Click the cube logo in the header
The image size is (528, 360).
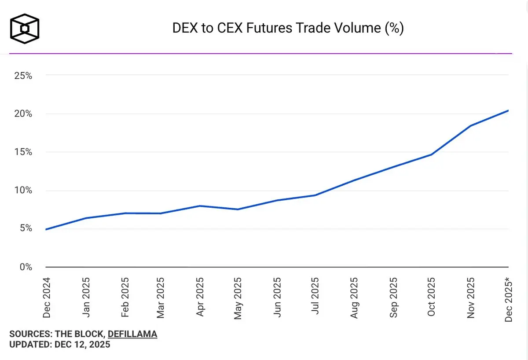(x=25, y=29)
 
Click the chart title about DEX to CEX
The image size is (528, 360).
(x=288, y=29)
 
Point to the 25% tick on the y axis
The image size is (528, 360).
(x=23, y=76)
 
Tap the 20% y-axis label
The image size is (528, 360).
(x=23, y=114)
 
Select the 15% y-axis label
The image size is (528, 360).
(x=23, y=152)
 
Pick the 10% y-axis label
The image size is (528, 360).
(x=23, y=191)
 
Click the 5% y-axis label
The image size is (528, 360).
(x=26, y=228)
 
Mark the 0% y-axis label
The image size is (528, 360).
(x=26, y=267)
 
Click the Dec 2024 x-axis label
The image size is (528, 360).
(x=47, y=297)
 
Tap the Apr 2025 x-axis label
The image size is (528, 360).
(x=200, y=297)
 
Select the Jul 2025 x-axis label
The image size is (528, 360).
(x=315, y=297)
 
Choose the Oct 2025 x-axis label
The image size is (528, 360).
(x=431, y=297)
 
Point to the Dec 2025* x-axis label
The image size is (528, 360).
(x=509, y=299)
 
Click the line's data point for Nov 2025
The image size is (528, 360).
(x=470, y=126)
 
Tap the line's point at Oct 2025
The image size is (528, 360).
(x=431, y=154)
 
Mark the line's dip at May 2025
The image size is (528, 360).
(x=238, y=209)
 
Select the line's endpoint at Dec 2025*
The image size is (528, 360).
(x=508, y=110)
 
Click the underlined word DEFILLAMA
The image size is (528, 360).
(x=132, y=334)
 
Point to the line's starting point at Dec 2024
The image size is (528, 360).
(x=46, y=229)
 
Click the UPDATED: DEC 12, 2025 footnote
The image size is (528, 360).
(x=60, y=345)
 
